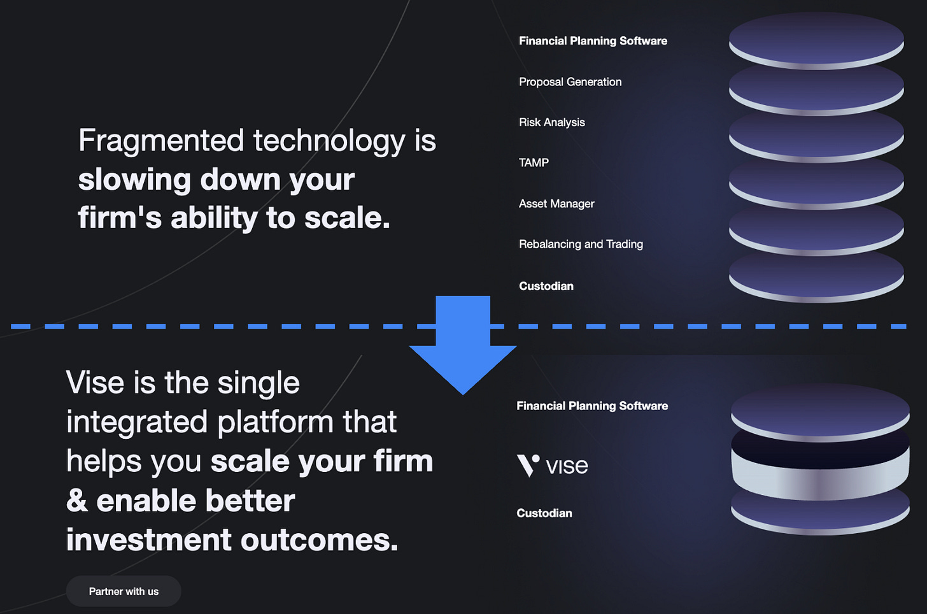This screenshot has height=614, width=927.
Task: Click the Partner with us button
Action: [124, 591]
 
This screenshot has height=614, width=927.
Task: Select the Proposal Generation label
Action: [570, 82]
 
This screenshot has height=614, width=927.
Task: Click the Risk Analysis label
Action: [551, 122]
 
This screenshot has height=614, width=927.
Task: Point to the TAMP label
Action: [534, 162]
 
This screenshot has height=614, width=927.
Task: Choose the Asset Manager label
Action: [556, 204]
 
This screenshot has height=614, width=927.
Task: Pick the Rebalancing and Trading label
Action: [581, 244]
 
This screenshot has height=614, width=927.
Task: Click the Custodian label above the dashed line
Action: [546, 286]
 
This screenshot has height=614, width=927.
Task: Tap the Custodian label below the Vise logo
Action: [544, 513]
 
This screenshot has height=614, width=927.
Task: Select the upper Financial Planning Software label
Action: [593, 41]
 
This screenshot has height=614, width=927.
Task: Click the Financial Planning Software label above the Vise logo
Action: [592, 406]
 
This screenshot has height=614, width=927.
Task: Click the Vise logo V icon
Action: [528, 466]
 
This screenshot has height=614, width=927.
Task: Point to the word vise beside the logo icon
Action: [567, 466]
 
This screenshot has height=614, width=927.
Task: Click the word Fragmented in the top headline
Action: [161, 141]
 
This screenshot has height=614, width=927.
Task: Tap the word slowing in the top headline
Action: [134, 180]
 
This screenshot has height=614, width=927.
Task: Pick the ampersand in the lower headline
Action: [77, 501]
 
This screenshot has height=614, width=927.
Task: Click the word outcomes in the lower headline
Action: [319, 540]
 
